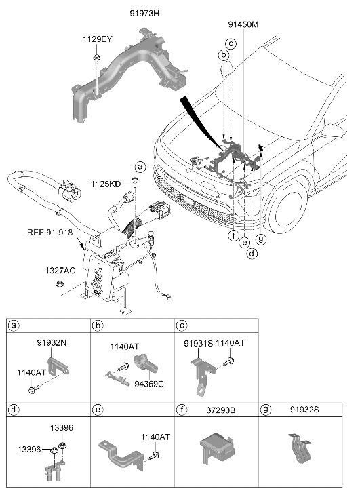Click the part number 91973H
click(x=144, y=13)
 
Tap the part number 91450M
click(x=243, y=24)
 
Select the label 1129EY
click(x=98, y=39)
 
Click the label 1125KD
click(x=106, y=184)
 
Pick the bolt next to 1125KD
click(x=135, y=182)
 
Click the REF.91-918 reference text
click(x=49, y=233)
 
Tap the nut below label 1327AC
click(x=59, y=283)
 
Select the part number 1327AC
click(x=60, y=271)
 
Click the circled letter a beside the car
click(x=140, y=167)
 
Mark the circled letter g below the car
click(x=260, y=239)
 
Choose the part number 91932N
click(x=52, y=342)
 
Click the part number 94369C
click(x=149, y=384)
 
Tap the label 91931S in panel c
click(x=199, y=344)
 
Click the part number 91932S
click(x=304, y=410)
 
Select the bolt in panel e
click(x=155, y=455)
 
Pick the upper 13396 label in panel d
click(x=61, y=427)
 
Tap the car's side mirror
click(x=334, y=131)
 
